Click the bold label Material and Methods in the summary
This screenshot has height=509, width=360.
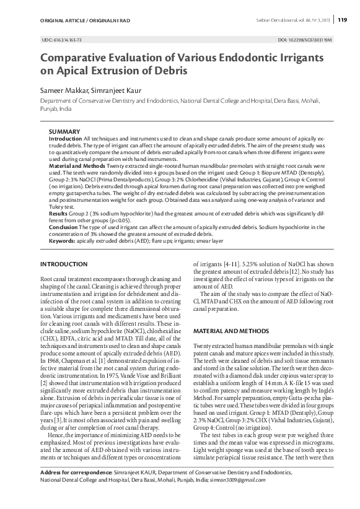(81, 167)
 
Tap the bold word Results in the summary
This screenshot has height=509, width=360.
(58, 212)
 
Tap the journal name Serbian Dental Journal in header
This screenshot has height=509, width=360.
(276, 20)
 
